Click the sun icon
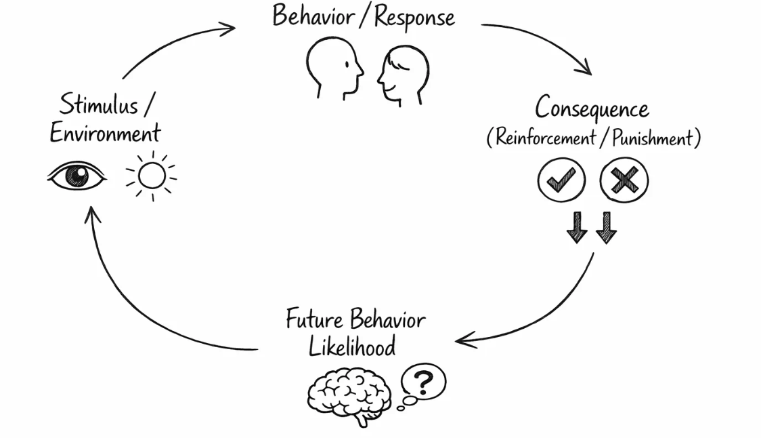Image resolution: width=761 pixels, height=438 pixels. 151,176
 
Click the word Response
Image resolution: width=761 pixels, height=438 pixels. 414,17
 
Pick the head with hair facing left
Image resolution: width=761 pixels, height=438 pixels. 403,75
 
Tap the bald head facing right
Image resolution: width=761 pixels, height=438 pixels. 335,68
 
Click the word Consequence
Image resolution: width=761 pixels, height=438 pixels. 592,108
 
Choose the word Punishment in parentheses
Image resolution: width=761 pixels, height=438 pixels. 653,138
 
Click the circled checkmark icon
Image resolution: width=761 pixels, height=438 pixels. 561,180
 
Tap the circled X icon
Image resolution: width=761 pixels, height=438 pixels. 624,180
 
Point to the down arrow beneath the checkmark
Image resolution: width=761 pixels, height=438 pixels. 577,227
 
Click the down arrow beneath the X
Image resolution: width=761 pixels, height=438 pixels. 606,227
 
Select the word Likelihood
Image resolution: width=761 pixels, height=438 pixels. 352,346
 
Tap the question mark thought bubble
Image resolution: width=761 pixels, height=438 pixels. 423,382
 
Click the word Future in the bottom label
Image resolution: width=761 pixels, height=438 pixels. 313,319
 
